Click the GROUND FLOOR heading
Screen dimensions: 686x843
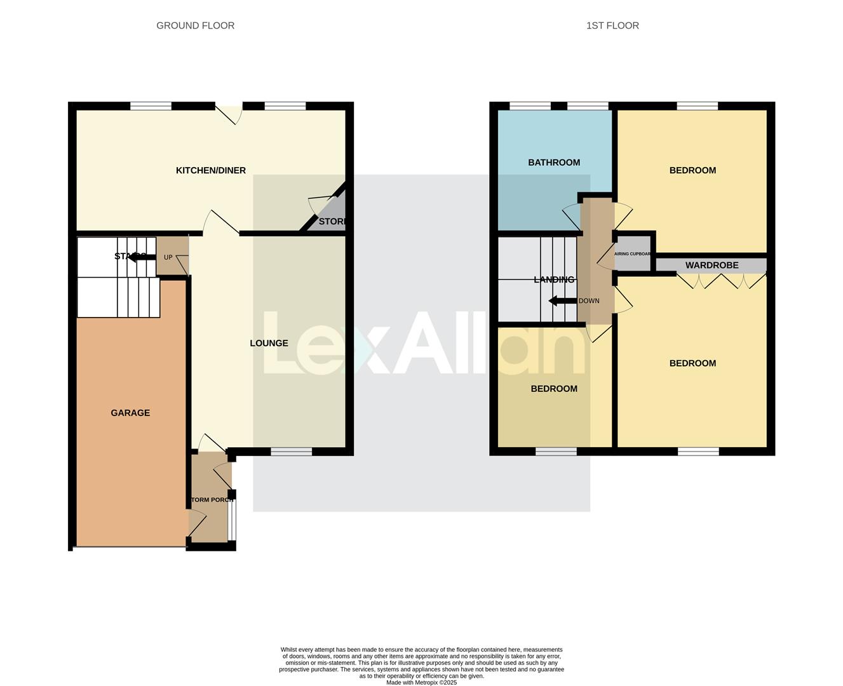tap(195, 25)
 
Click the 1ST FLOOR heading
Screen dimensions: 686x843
tap(612, 25)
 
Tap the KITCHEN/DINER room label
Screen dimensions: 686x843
tap(210, 170)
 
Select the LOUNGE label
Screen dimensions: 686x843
tap(269, 343)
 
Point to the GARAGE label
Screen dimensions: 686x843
tap(130, 413)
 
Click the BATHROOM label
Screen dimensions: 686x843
tap(554, 163)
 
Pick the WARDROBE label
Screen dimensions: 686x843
tap(711, 265)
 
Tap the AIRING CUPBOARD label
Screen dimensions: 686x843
tap(633, 253)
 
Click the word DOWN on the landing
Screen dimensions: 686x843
tap(589, 300)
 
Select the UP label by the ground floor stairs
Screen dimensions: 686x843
tap(168, 257)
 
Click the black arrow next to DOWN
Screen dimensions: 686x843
tap(562, 300)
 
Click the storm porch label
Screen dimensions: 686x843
tap(212, 500)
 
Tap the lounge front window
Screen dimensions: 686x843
tap(291, 452)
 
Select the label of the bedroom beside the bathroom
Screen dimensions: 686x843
tap(692, 170)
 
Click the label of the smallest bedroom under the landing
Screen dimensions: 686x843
tap(554, 389)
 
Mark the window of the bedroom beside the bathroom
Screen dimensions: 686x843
tap(697, 106)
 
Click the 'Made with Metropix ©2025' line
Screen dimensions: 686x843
tap(421, 682)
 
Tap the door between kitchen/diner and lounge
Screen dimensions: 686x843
tap(220, 224)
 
